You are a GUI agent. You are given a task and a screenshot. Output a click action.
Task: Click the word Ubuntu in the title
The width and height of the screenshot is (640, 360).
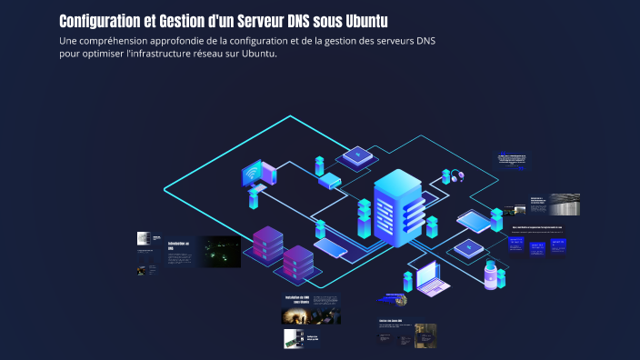(x=360, y=21)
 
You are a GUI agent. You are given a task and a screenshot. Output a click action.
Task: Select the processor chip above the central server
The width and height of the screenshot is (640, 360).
(x=358, y=156)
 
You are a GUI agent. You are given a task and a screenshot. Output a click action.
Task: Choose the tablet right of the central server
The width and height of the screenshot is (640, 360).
(x=473, y=219)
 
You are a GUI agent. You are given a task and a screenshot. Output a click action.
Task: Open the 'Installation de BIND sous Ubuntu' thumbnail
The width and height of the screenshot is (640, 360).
(x=299, y=300)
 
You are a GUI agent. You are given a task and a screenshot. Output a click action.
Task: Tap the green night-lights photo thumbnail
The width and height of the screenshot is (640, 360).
(x=219, y=252)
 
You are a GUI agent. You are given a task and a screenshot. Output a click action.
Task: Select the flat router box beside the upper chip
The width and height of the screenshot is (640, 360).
(x=328, y=179)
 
